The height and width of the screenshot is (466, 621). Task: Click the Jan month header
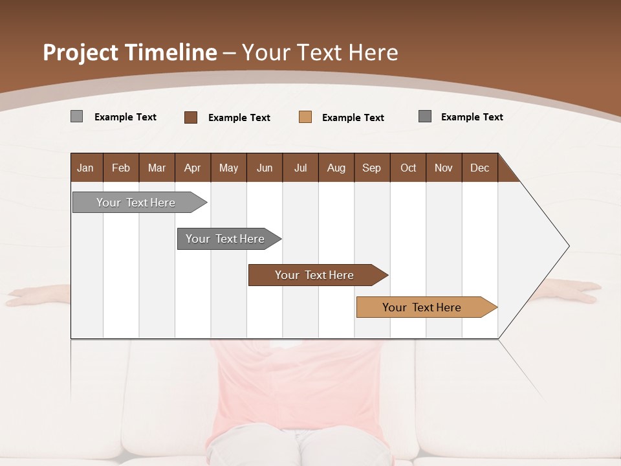[85, 168]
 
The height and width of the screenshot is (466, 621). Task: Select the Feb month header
[121, 168]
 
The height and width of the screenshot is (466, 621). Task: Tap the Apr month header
[192, 168]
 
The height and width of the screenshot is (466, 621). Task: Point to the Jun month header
[265, 168]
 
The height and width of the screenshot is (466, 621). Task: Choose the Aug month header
[336, 168]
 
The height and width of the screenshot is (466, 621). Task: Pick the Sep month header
[371, 168]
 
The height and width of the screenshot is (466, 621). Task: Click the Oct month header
[408, 168]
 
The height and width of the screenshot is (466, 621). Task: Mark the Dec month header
[479, 168]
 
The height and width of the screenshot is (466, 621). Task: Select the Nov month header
[443, 168]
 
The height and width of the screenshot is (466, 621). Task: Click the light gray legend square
[76, 116]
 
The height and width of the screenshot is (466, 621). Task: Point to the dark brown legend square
[191, 117]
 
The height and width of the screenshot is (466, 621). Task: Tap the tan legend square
[305, 117]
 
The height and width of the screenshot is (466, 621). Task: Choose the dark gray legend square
[425, 116]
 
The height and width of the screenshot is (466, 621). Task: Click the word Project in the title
[80, 52]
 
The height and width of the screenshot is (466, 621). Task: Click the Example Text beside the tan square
[353, 118]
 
